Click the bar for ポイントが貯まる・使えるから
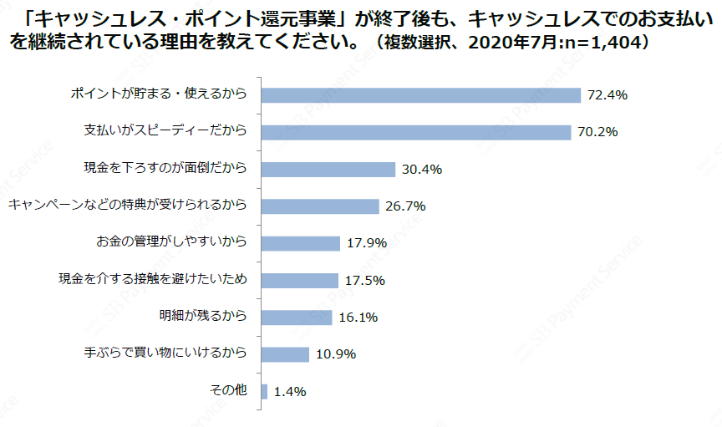click(x=420, y=95)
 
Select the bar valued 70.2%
click(x=415, y=132)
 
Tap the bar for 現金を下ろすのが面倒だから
click(x=328, y=170)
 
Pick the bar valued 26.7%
click(x=320, y=206)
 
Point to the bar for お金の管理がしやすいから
click(x=300, y=243)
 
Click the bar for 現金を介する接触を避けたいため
click(x=299, y=280)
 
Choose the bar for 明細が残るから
click(x=297, y=318)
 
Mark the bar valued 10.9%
click(x=285, y=354)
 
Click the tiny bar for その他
click(x=264, y=391)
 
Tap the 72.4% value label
click(x=607, y=95)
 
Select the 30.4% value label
click(x=422, y=170)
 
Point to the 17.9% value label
click(x=367, y=243)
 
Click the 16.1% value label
click(x=359, y=318)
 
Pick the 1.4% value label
click(x=289, y=391)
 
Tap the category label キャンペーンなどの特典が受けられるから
click(x=127, y=205)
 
